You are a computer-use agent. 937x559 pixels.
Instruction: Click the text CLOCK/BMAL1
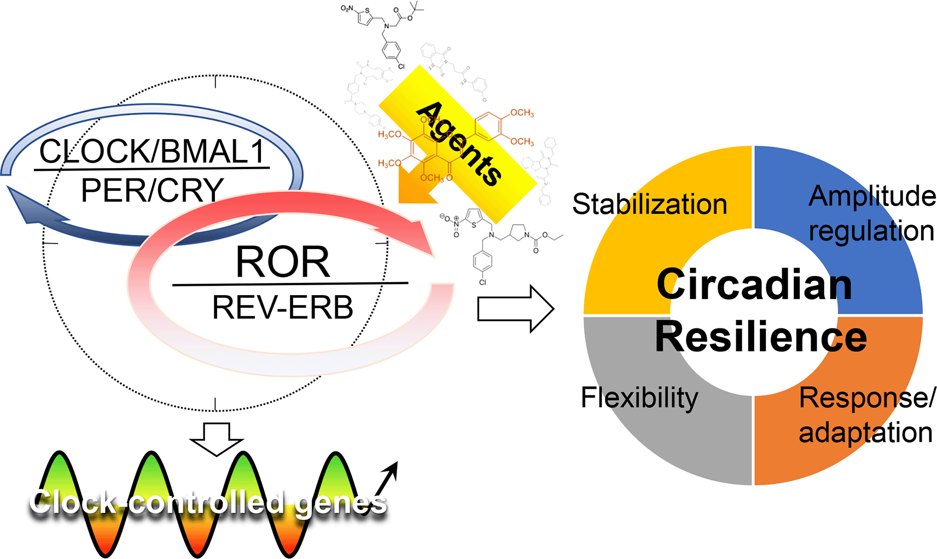point(152,152)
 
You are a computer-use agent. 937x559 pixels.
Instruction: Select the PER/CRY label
point(152,190)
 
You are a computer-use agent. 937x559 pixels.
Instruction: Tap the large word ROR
point(283,262)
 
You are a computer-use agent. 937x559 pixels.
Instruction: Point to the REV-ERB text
point(282,307)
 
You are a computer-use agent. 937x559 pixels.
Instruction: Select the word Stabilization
point(649,204)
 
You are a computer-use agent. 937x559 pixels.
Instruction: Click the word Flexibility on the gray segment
point(639,397)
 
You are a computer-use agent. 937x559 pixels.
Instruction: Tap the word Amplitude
point(872,195)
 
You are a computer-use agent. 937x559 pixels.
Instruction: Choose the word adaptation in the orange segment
point(865,432)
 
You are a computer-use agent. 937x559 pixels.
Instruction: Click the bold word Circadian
point(754,284)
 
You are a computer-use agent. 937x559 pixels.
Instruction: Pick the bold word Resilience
point(760,336)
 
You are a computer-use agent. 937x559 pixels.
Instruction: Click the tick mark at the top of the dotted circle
point(216,82)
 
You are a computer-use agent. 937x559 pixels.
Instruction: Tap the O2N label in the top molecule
point(347,8)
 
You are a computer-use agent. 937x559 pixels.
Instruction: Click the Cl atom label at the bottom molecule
point(482,283)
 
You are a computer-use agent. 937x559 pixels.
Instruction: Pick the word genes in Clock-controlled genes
point(340,503)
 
